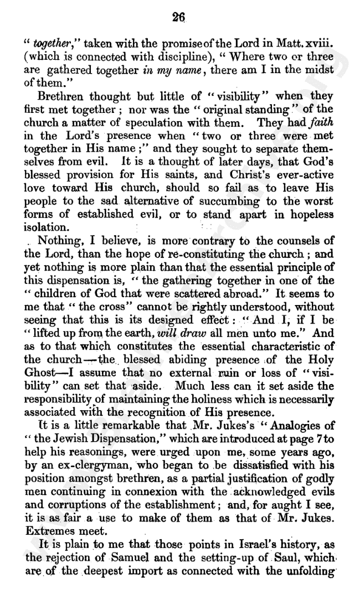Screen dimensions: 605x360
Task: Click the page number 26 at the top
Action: [178, 17]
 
